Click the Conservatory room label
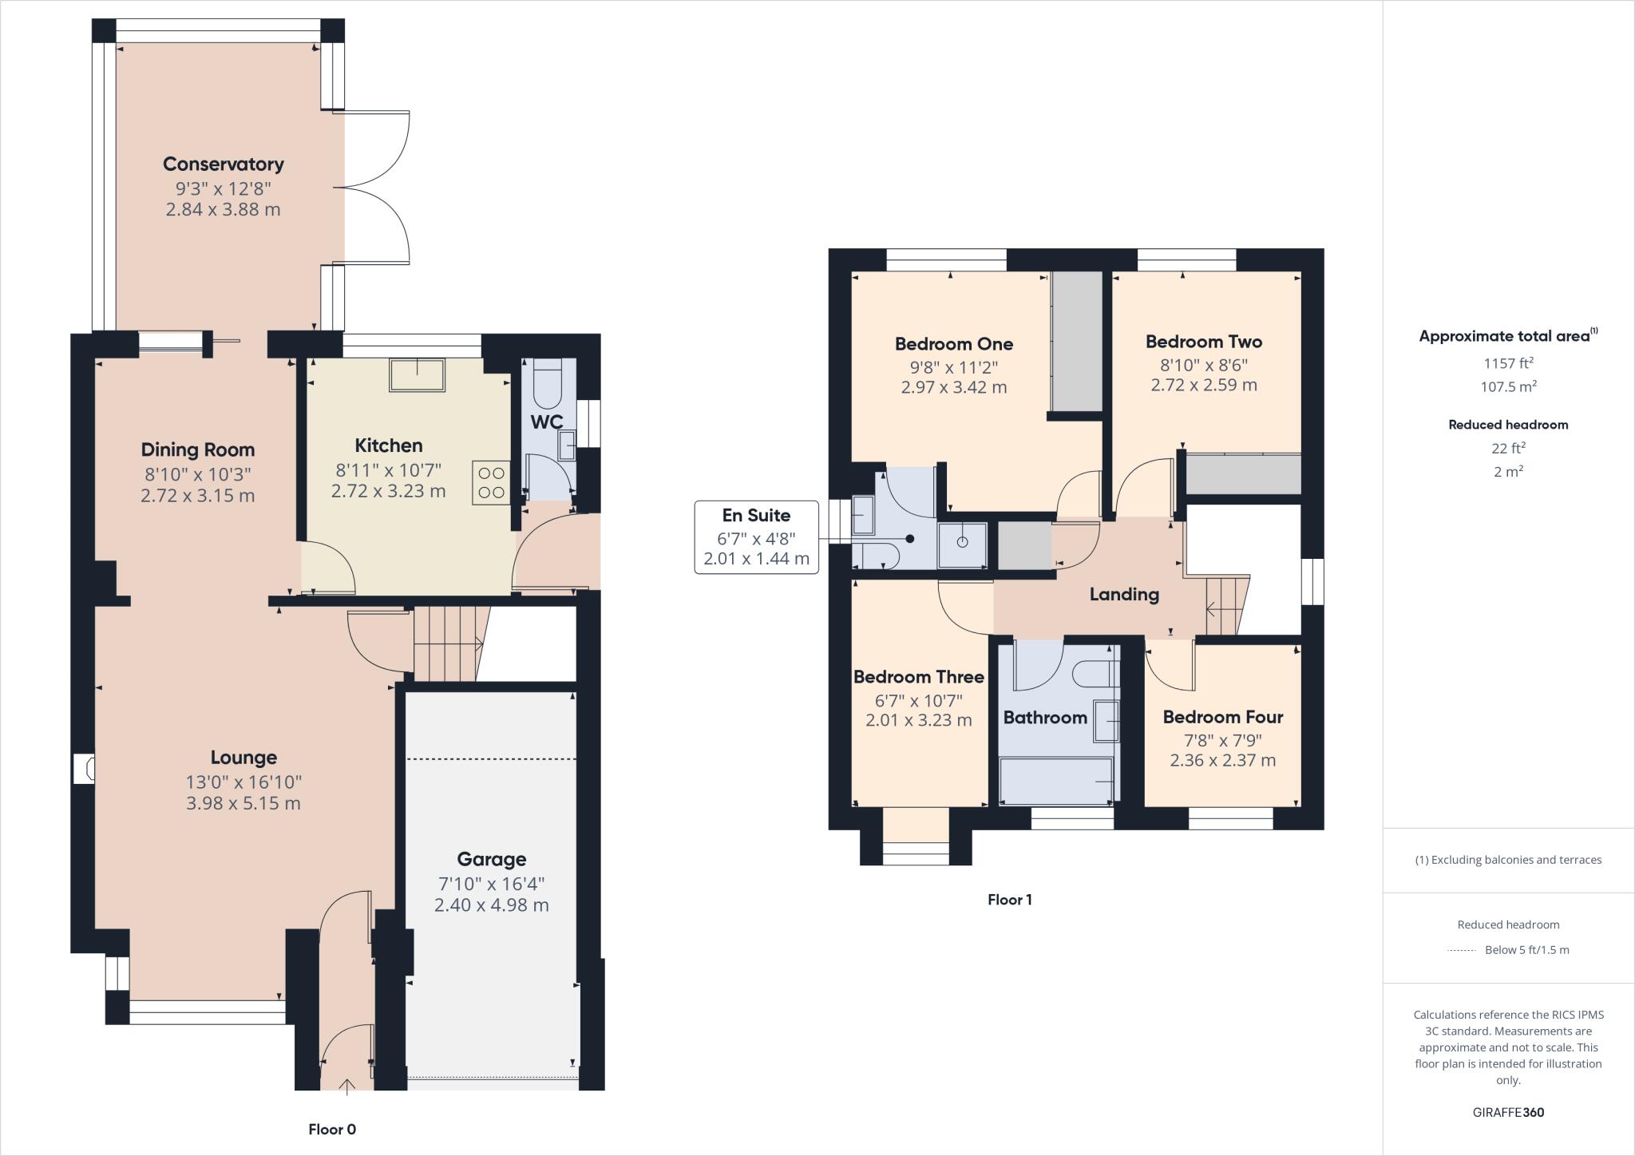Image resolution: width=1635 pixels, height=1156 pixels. tap(223, 164)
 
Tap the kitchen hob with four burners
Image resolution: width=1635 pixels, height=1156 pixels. tap(491, 482)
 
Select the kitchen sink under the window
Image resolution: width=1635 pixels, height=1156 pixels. tap(417, 375)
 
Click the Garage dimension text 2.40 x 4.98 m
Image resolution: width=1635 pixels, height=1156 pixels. tap(491, 905)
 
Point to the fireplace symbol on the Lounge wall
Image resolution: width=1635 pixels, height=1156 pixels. tap(85, 770)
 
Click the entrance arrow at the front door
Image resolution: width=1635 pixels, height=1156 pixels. tap(347, 1085)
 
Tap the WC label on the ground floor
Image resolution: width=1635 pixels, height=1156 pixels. tap(547, 422)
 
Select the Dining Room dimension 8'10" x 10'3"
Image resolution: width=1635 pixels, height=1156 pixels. tap(197, 473)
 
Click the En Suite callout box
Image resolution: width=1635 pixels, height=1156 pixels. tap(755, 536)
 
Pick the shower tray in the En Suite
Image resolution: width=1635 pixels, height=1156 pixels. tap(962, 545)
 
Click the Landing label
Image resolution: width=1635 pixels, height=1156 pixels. tap(1123, 594)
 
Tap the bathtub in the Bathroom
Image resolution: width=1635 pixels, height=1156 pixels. tap(1055, 781)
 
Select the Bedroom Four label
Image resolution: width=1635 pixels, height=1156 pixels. tap(1222, 717)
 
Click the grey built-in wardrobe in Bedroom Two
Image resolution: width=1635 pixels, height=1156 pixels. tap(1242, 474)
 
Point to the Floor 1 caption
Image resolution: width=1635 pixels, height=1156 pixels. tap(1009, 900)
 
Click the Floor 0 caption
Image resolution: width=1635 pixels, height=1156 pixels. tap(332, 1130)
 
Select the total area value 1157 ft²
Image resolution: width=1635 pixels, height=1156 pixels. tap(1508, 363)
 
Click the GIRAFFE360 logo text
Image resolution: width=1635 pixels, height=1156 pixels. tap(1508, 1112)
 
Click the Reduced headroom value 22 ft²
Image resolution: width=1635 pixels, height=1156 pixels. tap(1508, 448)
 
